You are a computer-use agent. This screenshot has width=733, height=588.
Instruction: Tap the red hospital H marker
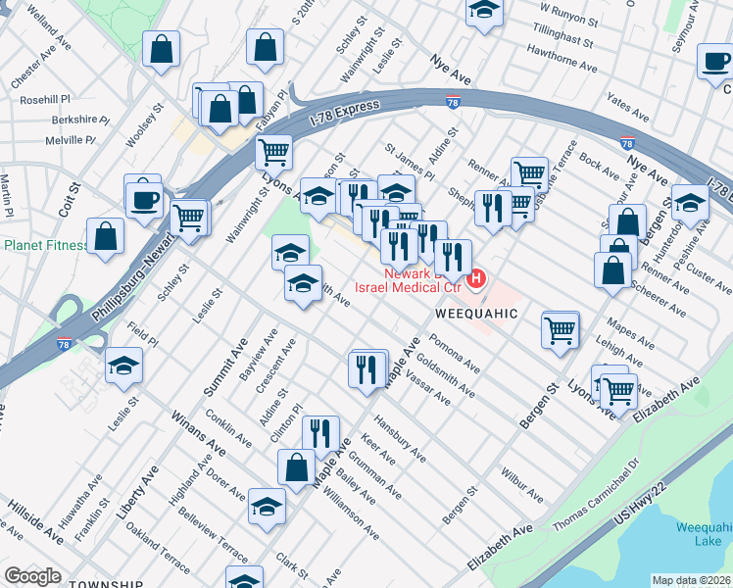point(476,280)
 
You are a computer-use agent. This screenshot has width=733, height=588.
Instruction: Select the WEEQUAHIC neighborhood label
point(475,313)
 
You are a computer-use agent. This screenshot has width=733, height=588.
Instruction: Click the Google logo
point(33,576)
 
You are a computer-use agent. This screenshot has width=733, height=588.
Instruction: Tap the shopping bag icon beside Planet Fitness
point(105,237)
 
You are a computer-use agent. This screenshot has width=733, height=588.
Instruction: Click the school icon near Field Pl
point(124,366)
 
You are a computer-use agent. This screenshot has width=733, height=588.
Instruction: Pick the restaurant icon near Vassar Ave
point(367,369)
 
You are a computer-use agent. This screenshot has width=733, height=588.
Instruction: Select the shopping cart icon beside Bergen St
point(561,329)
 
